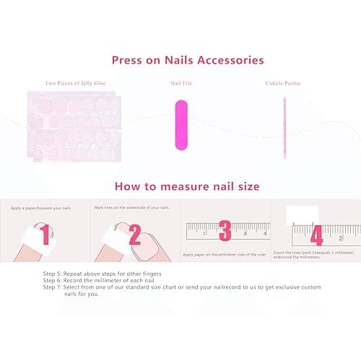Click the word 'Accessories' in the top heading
[x=230, y=61]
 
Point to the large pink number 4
[x=316, y=235]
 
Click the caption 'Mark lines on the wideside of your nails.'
[x=131, y=208]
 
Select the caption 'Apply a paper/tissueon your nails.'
[x=41, y=208]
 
